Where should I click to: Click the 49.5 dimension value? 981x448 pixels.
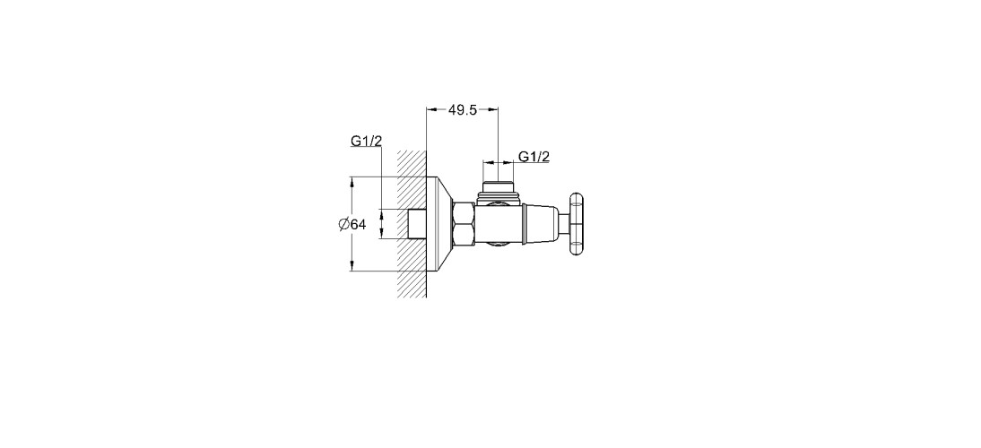point(463,110)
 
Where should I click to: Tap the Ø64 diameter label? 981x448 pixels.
point(352,224)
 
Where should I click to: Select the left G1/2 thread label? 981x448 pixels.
point(366,142)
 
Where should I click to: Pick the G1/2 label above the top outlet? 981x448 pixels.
point(534,156)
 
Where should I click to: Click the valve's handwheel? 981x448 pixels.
point(577,224)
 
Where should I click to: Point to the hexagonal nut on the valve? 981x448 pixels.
point(464,224)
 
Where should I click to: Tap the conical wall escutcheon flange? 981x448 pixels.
point(439,224)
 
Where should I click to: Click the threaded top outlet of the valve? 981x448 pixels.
point(498,190)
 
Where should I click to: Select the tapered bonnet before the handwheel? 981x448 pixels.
point(543,224)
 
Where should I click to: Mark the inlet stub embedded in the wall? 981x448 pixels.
point(417,224)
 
